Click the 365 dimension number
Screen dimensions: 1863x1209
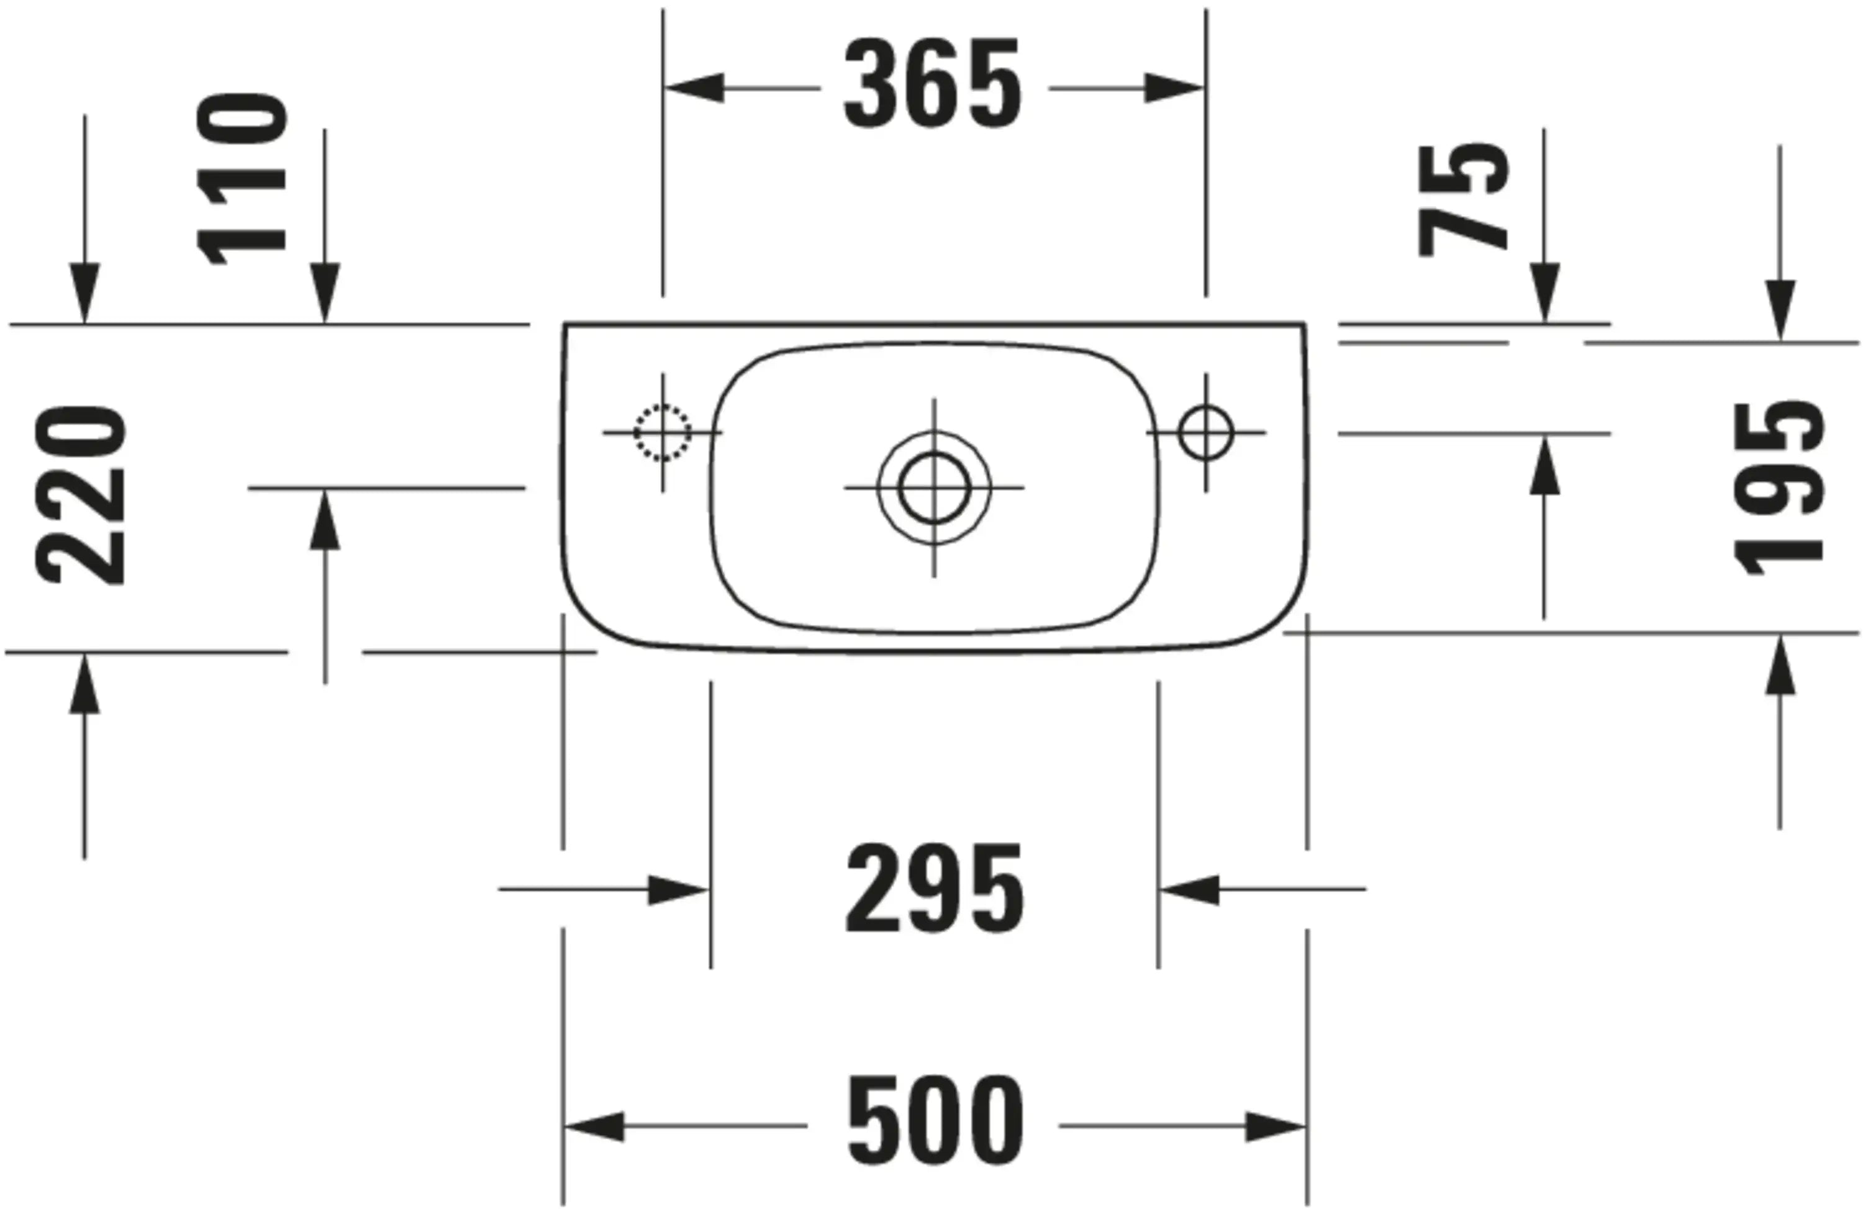coord(932,84)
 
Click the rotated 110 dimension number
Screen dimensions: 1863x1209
coord(242,179)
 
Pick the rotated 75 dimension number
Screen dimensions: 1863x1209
coord(1463,201)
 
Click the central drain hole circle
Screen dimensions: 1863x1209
coord(934,487)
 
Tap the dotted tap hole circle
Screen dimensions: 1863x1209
coord(662,432)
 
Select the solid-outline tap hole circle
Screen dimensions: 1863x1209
coord(1205,432)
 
